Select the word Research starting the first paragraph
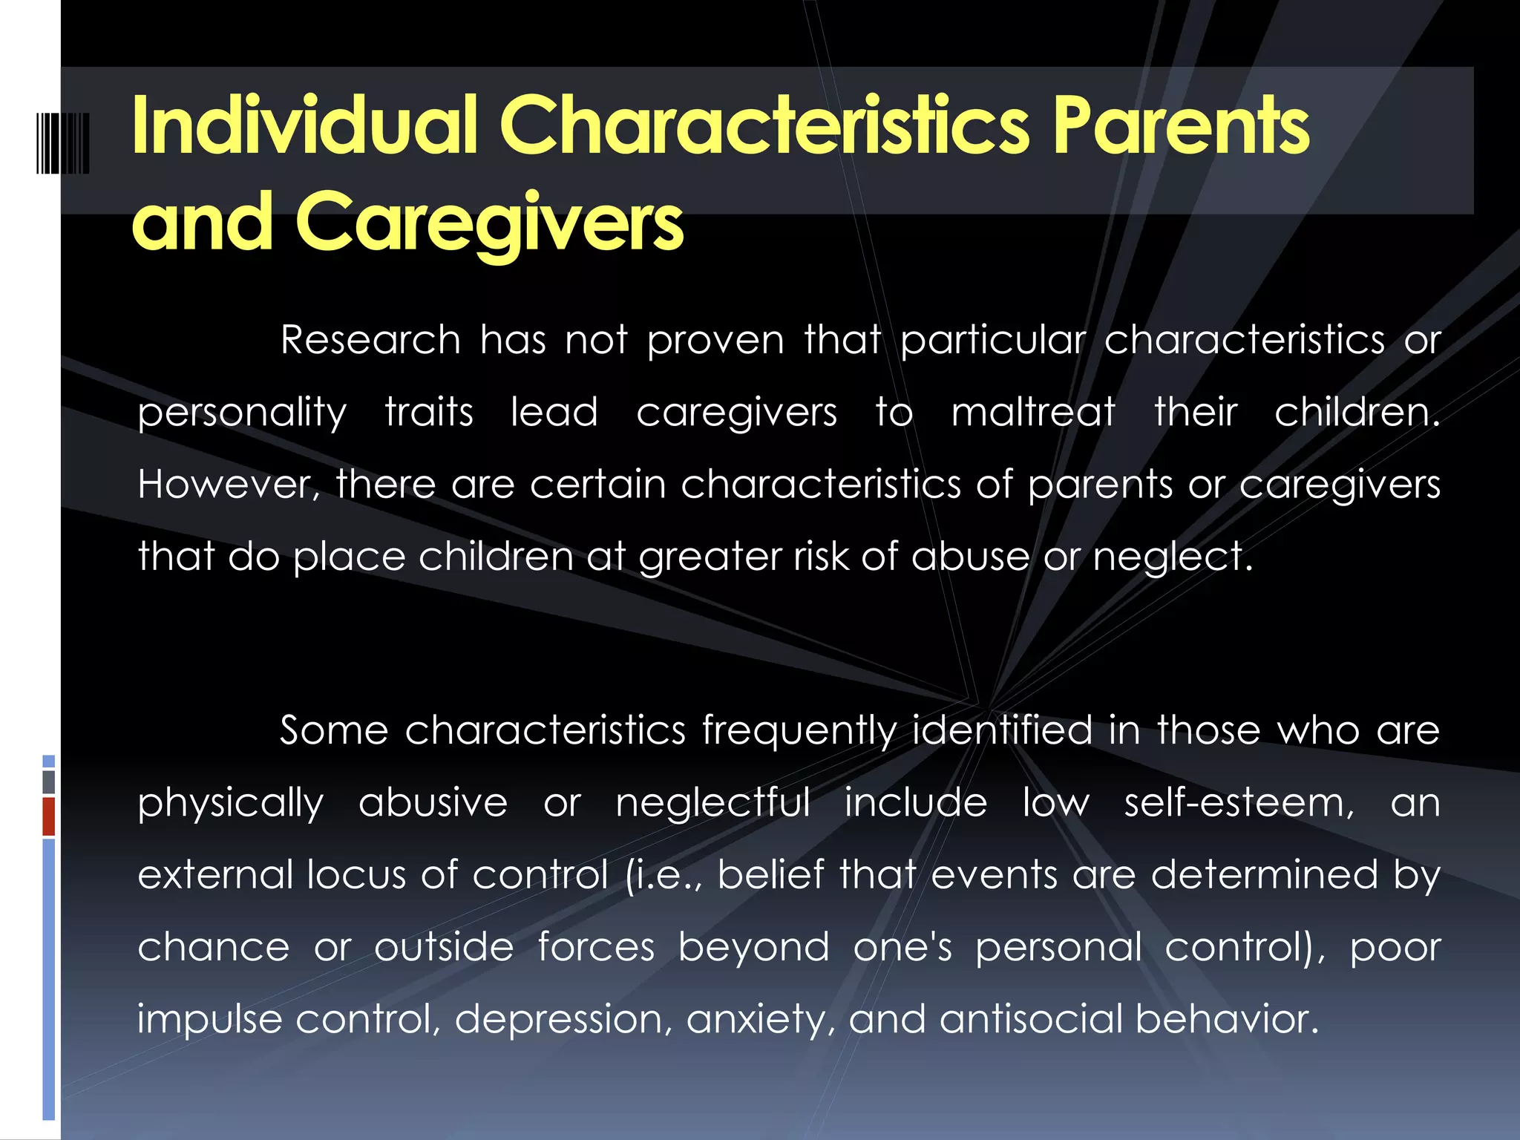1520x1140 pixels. (370, 341)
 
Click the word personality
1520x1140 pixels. (242, 414)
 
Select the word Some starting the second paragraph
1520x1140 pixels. (333, 730)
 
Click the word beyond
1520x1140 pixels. (753, 947)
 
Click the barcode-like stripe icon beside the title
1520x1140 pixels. (63, 143)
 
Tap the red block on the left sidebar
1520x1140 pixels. (49, 816)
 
